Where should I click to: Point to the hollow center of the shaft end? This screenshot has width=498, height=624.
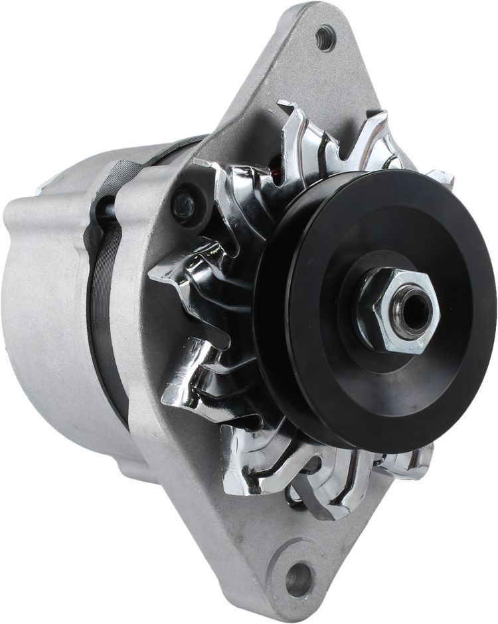point(411,310)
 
